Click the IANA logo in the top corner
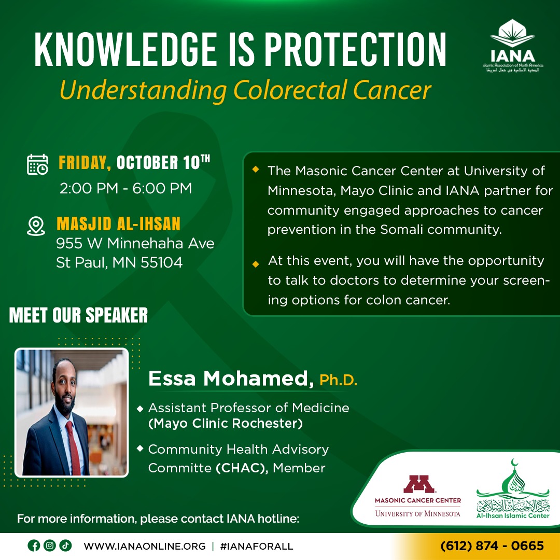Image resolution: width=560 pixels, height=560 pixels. click(x=512, y=45)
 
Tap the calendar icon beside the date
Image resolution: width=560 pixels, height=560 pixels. click(x=37, y=165)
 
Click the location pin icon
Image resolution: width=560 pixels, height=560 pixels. click(x=36, y=226)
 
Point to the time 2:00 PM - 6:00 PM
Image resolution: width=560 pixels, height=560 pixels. click(x=125, y=188)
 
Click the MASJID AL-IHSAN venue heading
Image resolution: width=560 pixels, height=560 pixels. click(x=119, y=224)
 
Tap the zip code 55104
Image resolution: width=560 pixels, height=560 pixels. click(x=162, y=262)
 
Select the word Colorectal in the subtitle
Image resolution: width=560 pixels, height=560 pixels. click(x=290, y=90)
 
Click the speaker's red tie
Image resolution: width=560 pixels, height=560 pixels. click(x=73, y=448)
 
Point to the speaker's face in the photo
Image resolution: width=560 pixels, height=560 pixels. click(x=65, y=387)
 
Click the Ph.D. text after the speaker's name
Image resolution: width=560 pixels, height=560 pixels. click(x=338, y=380)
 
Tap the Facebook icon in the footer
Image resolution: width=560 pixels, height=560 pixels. click(x=34, y=545)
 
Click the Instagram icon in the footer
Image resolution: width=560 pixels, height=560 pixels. click(x=50, y=545)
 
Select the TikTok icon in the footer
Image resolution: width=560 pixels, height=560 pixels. click(x=65, y=545)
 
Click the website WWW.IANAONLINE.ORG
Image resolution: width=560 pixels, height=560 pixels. click(x=145, y=546)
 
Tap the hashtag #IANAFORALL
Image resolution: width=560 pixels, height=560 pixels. click(x=257, y=546)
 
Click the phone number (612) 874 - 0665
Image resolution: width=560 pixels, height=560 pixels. click(x=492, y=545)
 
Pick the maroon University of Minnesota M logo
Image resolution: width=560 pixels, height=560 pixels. click(x=418, y=484)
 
